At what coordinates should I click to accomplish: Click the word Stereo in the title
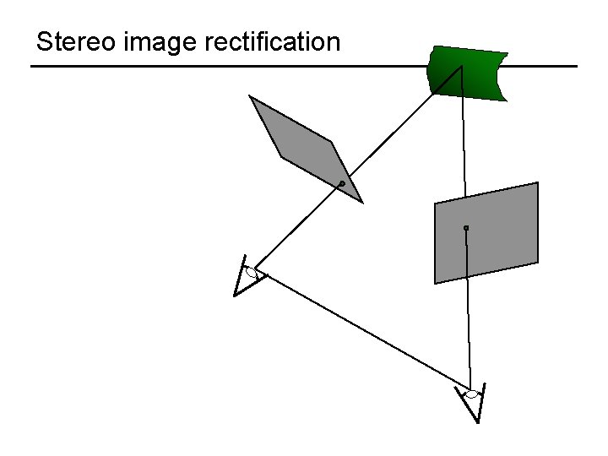[x=74, y=41]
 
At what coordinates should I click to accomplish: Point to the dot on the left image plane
[x=341, y=183]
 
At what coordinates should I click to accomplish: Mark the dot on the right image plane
[x=465, y=228]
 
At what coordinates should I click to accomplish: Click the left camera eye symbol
[x=251, y=272]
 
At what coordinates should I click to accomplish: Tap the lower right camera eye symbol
[x=472, y=394]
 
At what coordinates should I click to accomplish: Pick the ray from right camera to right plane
[x=468, y=312]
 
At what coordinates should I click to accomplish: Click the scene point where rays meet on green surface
[x=461, y=67]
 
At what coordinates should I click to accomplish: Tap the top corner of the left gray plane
[x=250, y=96]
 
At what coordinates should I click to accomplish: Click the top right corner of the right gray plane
[x=537, y=183]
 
